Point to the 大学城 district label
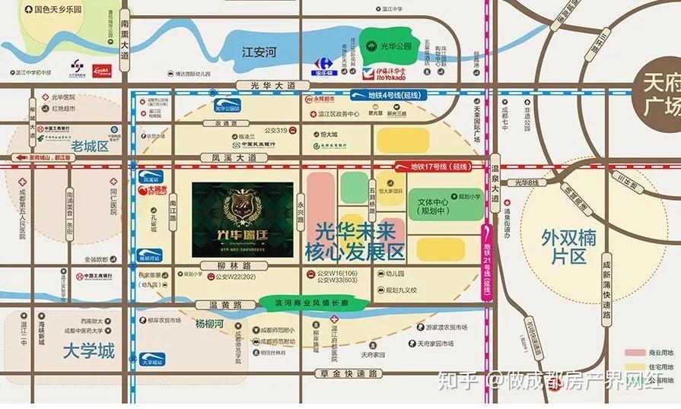(x=88, y=351)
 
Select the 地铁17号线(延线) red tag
(x=438, y=166)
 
